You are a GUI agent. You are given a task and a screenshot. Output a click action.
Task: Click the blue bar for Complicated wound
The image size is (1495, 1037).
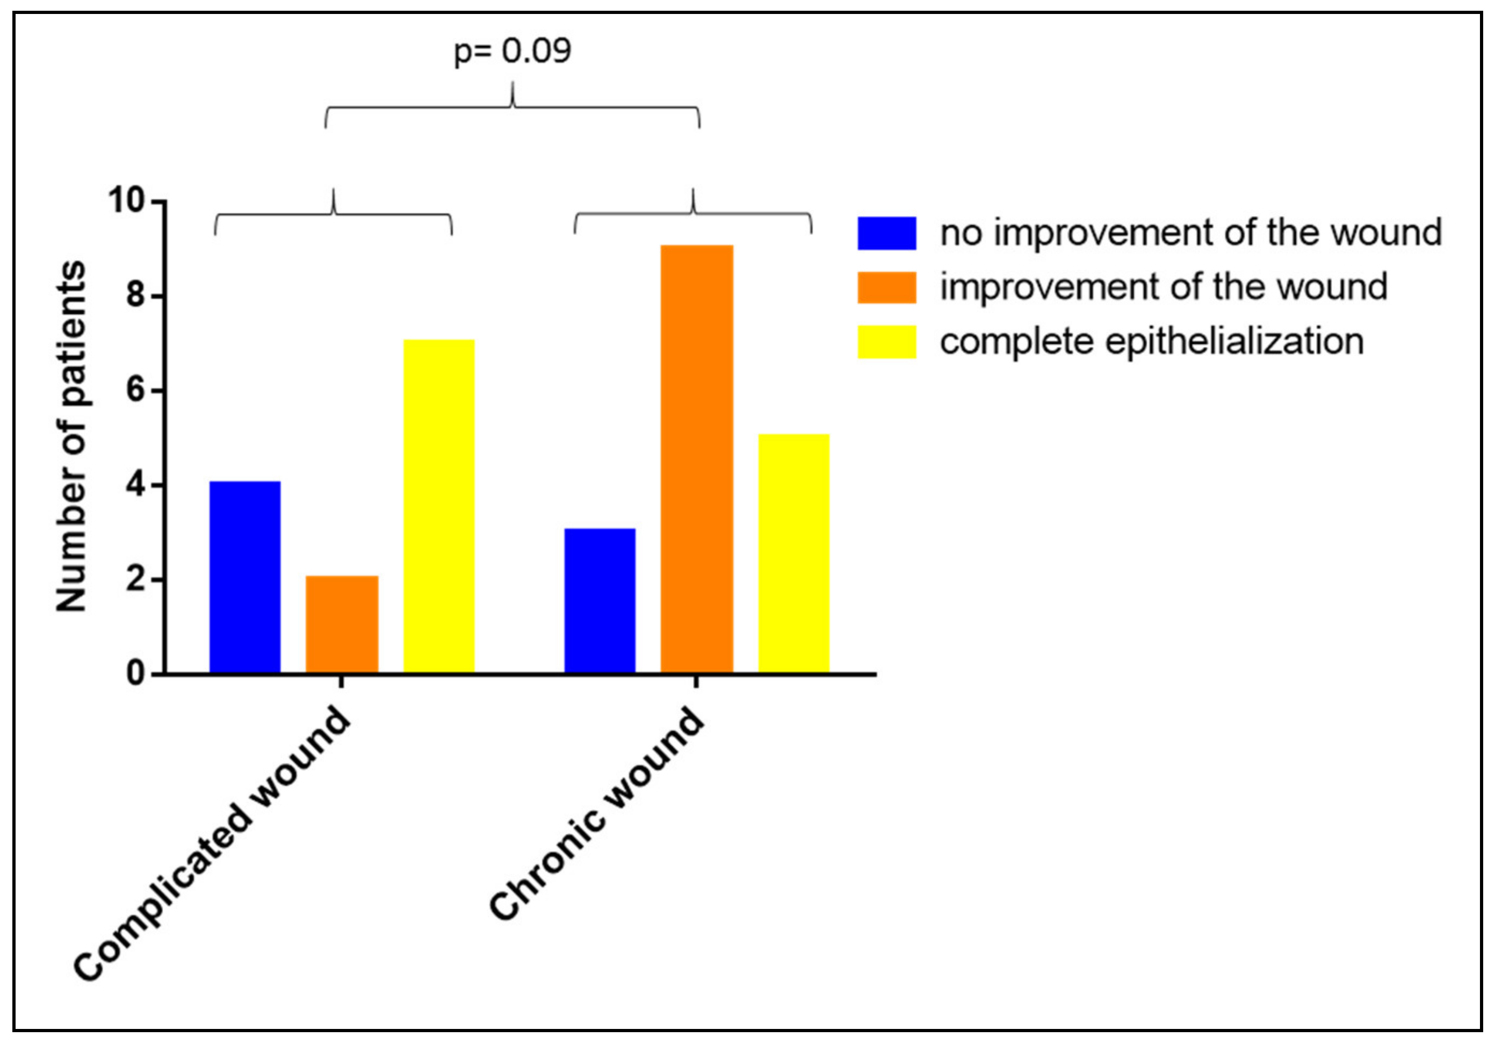(x=245, y=577)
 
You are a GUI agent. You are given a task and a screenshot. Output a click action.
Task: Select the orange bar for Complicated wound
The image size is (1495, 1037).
(x=342, y=624)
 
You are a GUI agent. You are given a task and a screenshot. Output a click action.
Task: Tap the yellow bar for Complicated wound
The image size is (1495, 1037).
(x=439, y=506)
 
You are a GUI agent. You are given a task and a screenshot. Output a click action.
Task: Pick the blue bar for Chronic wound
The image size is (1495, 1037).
(x=600, y=601)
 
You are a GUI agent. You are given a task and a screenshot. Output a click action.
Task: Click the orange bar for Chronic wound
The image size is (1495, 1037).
(x=697, y=459)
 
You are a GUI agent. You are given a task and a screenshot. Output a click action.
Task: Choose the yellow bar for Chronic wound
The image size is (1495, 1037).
(x=793, y=553)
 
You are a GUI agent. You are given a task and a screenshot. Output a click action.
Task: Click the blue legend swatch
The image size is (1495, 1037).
(x=886, y=233)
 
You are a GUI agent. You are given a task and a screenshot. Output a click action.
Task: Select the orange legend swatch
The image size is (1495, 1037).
(x=886, y=287)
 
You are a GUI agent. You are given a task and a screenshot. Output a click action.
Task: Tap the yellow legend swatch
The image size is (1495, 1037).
(x=886, y=342)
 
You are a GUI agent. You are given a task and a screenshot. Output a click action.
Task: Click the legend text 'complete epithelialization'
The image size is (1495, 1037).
(x=1151, y=342)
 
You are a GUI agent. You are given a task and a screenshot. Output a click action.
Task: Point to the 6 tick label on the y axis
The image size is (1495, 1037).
(x=135, y=391)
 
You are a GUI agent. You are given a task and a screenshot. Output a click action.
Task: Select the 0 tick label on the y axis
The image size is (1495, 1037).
(x=135, y=674)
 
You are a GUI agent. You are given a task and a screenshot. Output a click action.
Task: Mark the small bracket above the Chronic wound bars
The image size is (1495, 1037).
(x=692, y=213)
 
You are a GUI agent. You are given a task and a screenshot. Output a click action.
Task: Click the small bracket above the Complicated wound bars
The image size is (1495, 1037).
(x=334, y=214)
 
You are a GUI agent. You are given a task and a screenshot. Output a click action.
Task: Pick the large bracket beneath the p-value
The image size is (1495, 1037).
(x=512, y=107)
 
